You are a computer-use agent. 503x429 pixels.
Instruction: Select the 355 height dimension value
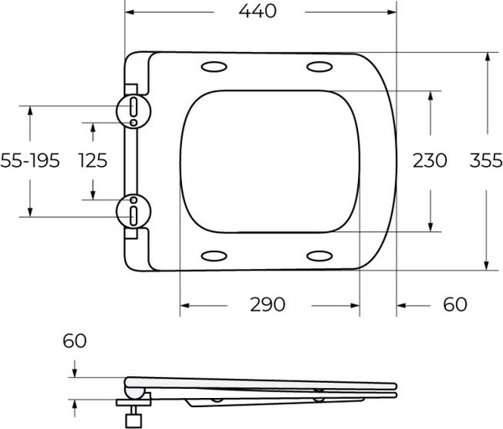485,160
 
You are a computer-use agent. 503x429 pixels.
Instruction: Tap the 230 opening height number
429,160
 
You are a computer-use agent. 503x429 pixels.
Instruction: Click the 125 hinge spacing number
91,160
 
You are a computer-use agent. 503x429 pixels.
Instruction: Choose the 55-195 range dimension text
30,160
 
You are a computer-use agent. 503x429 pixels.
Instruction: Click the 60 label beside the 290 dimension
454,304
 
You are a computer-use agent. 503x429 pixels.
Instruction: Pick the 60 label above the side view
74,342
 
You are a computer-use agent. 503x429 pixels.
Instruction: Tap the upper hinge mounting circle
133,107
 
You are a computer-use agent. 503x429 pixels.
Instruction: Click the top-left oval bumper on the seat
214,66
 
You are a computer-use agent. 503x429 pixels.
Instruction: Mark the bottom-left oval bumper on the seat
214,255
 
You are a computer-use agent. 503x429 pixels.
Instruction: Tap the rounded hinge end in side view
132,386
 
